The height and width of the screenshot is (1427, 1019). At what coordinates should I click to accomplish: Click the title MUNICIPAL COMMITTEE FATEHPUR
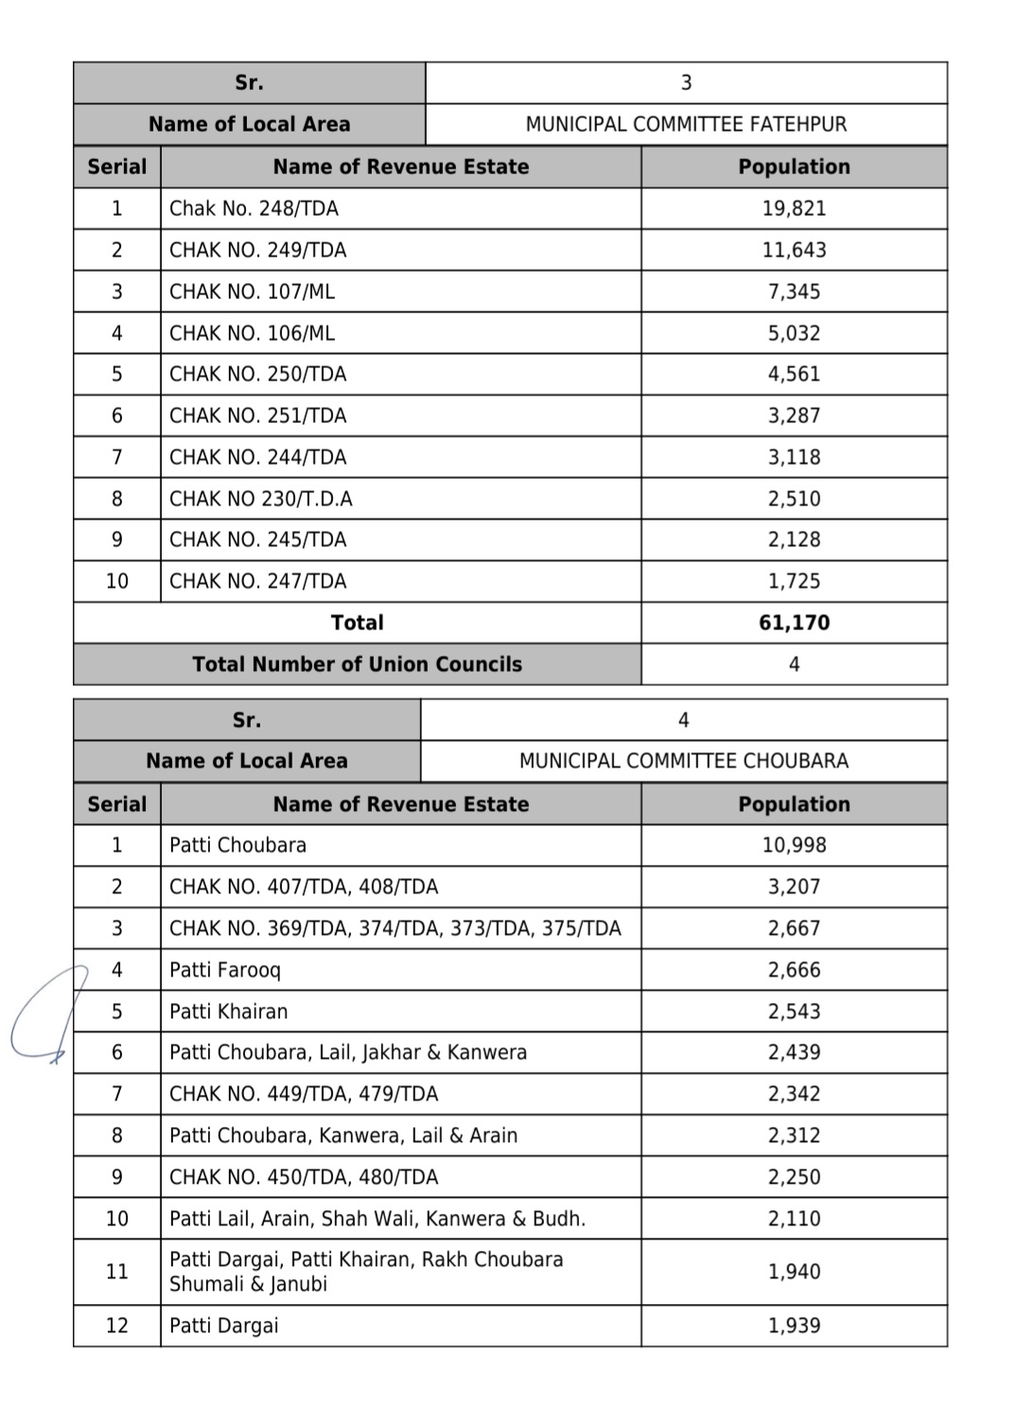[x=686, y=124]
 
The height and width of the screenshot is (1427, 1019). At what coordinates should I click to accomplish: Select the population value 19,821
[x=794, y=208]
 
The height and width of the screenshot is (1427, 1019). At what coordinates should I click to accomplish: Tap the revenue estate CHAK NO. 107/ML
[x=252, y=291]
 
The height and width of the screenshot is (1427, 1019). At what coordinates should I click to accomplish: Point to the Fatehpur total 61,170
[x=794, y=623]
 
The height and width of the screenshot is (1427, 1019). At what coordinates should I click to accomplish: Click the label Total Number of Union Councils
[x=357, y=664]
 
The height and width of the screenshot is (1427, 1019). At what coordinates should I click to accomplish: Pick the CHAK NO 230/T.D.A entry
[x=260, y=499]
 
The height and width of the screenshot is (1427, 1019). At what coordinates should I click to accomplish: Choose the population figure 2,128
[x=794, y=539]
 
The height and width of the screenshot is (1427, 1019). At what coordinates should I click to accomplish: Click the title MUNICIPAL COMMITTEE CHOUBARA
[x=683, y=761]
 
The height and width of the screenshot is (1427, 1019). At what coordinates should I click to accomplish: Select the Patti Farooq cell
[x=225, y=970]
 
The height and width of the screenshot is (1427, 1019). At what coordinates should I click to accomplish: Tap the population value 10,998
[x=794, y=845]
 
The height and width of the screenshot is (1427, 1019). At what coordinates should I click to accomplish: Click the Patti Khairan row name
[x=228, y=1012]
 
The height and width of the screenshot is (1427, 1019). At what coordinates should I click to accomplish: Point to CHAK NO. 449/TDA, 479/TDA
[x=304, y=1094]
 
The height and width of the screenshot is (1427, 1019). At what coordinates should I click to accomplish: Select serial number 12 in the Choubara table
[x=116, y=1326]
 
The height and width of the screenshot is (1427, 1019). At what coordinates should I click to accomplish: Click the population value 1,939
[x=794, y=1326]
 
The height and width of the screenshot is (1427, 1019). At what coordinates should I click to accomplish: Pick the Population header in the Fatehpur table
[x=794, y=167]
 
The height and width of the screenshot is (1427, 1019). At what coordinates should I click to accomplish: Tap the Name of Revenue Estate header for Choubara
[x=400, y=804]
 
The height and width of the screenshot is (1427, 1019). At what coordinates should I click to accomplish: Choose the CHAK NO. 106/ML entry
[x=252, y=333]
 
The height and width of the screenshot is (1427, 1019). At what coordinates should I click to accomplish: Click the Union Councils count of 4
[x=794, y=664]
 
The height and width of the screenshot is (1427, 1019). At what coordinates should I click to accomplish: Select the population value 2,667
[x=794, y=928]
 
